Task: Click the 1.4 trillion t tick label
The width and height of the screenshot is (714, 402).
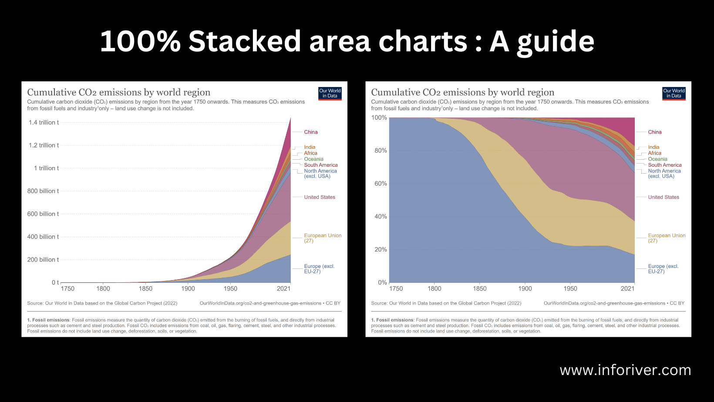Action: (44, 123)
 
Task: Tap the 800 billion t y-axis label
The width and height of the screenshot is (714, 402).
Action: (43, 191)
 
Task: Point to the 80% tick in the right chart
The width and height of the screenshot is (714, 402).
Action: (381, 151)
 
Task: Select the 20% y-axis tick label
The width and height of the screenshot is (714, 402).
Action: (381, 250)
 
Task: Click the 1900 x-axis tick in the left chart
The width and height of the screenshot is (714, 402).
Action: (188, 288)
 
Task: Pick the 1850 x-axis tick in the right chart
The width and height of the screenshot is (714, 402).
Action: (480, 288)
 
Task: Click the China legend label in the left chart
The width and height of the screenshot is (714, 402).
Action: (311, 132)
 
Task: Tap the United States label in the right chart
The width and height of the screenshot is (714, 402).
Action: (663, 198)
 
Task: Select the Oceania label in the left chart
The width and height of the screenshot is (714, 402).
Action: (313, 159)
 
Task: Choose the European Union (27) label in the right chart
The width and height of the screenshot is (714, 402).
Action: (667, 238)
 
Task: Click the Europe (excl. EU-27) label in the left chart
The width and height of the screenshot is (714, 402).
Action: (319, 269)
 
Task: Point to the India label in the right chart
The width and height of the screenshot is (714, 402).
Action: (653, 147)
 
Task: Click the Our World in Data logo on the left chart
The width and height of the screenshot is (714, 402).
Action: (330, 94)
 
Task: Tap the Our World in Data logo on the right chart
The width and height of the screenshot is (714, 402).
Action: (674, 94)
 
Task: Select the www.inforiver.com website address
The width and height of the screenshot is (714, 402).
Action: (625, 370)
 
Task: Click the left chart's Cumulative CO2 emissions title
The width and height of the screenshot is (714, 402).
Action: (119, 92)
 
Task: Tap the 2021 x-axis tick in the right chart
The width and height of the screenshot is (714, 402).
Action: (627, 288)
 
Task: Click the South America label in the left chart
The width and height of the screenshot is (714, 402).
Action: (321, 165)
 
